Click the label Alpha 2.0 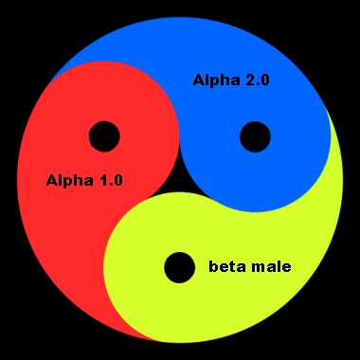pos(231,81)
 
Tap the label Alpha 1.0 pos(84,178)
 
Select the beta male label pos(249,266)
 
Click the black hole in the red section pos(103,136)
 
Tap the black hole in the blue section pos(254,136)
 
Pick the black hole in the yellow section pos(178,267)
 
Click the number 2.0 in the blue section pos(257,81)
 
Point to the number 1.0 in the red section pos(109,178)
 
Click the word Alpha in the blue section pos(216,81)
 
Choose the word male pos(271,266)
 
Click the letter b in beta pos(213,266)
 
